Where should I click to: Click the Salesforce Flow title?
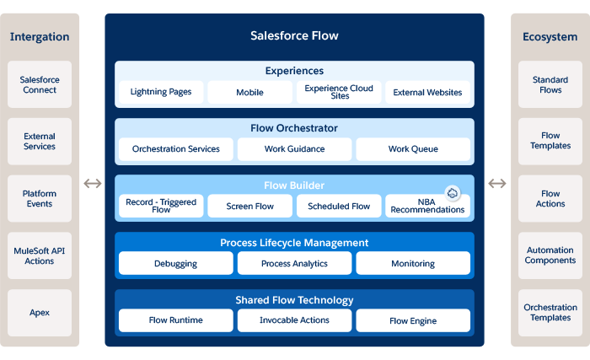pyautogui.click(x=294, y=35)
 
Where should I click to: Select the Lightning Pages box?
pyautogui.click(x=161, y=92)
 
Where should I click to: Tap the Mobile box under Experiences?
pyautogui.click(x=250, y=92)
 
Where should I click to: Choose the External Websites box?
pyautogui.click(x=427, y=92)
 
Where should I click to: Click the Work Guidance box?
pyautogui.click(x=294, y=149)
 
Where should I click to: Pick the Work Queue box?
pyautogui.click(x=413, y=149)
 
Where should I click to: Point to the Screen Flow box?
pyautogui.click(x=250, y=206)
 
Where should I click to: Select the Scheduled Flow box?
pyautogui.click(x=339, y=206)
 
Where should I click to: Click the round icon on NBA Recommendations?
pyautogui.click(x=452, y=193)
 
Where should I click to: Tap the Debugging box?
pyautogui.click(x=175, y=263)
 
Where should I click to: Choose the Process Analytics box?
pyautogui.click(x=294, y=263)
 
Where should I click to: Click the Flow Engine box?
pyautogui.click(x=413, y=320)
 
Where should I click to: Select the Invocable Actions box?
pyautogui.click(x=294, y=320)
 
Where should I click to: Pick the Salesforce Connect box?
pyautogui.click(x=40, y=84)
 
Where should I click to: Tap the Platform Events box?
pyautogui.click(x=40, y=198)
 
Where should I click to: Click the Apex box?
pyautogui.click(x=40, y=312)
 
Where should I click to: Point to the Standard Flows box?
pyautogui.click(x=550, y=84)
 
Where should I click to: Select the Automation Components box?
pyautogui.click(x=550, y=255)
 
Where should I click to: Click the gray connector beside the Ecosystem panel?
pyautogui.click(x=497, y=183)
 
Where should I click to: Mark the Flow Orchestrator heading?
pyautogui.click(x=294, y=128)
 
